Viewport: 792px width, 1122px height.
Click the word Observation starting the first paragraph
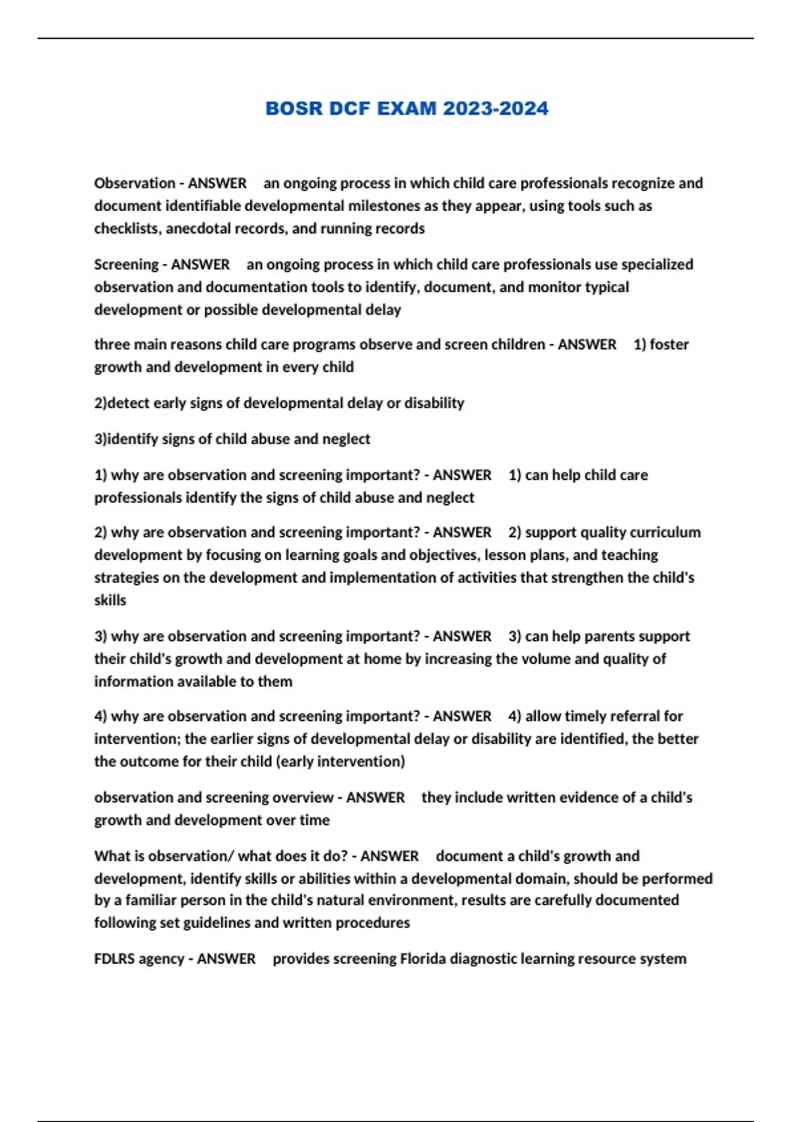pyautogui.click(x=135, y=183)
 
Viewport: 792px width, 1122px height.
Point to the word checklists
pyautogui.click(x=126, y=228)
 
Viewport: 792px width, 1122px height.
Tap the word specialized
pyautogui.click(x=657, y=265)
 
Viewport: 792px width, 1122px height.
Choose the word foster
pyautogui.click(x=669, y=345)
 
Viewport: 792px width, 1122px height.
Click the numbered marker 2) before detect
pyautogui.click(x=100, y=403)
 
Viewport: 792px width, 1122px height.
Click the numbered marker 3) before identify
pyautogui.click(x=100, y=439)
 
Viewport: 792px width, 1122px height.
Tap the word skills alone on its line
pyautogui.click(x=110, y=601)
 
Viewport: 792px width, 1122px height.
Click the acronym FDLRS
pyautogui.click(x=115, y=959)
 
